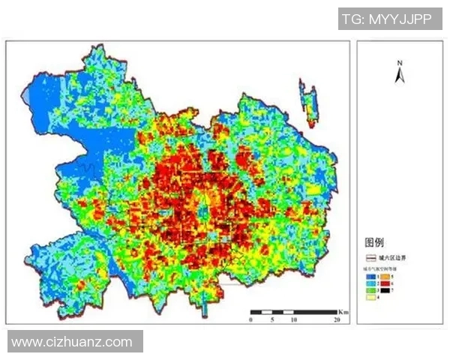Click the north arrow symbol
click(400, 75)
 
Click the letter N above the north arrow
click(400, 62)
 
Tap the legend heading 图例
click(374, 242)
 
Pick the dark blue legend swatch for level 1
click(370, 276)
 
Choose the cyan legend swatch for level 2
click(370, 283)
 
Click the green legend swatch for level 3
click(370, 289)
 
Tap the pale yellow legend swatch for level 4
click(370, 297)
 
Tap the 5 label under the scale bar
click(272, 319)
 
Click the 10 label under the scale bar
click(293, 319)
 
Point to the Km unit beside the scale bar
click(343, 310)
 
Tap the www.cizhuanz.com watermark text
click(72, 342)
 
